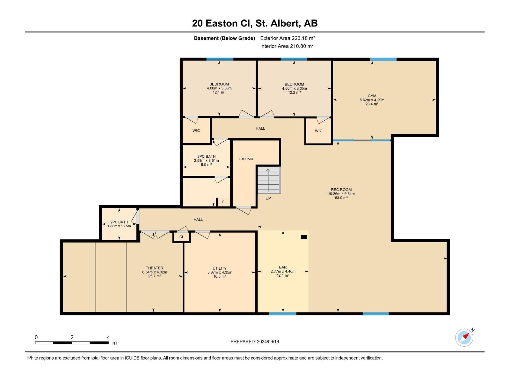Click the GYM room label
[372, 96]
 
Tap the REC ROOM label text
[341, 190]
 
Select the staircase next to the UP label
[269, 180]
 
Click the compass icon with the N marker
[464, 337]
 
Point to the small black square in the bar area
[304, 237]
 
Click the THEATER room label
[155, 268]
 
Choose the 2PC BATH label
[119, 222]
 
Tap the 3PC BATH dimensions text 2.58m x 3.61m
[206, 161]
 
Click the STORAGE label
[246, 159]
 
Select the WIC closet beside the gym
[318, 131]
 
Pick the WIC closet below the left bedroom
[196, 131]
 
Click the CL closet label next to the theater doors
[182, 237]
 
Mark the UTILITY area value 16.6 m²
[220, 276]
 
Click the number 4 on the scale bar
[108, 337]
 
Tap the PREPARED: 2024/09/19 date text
[255, 342]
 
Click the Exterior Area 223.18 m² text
[288, 38]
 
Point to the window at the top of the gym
[383, 59]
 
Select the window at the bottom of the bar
[282, 314]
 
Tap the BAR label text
[283, 267]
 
